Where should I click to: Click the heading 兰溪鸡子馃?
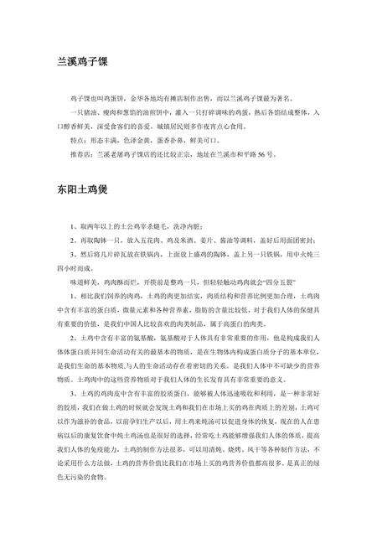coord(85,62)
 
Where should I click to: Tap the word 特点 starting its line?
coord(80,141)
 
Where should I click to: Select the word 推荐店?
coord(82,154)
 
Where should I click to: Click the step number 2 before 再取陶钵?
coord(74,240)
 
